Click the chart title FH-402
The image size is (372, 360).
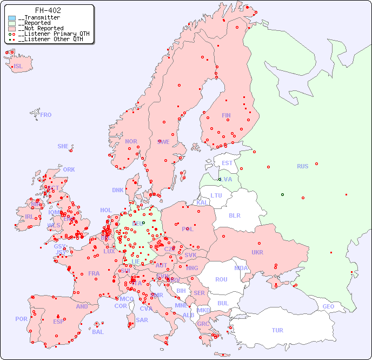(x=48, y=10)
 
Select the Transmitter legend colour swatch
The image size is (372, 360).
(x=12, y=18)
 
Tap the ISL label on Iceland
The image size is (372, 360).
(x=18, y=67)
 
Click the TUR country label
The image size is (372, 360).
(x=277, y=330)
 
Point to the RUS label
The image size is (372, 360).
(x=302, y=166)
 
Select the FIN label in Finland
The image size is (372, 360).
(x=226, y=115)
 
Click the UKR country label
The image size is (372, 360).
(x=257, y=252)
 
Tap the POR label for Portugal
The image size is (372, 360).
(x=21, y=319)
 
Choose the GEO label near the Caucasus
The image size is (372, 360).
(x=328, y=306)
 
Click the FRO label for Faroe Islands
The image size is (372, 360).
(x=46, y=115)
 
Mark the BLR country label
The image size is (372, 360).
(x=234, y=215)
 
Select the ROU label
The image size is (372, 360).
(x=221, y=279)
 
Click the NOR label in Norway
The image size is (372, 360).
(x=131, y=141)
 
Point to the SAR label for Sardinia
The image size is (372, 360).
(x=142, y=320)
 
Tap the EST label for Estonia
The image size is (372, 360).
(x=227, y=163)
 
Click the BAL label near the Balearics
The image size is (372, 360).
(x=98, y=332)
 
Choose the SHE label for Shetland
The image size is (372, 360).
(x=63, y=146)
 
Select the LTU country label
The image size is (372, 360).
(x=216, y=195)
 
